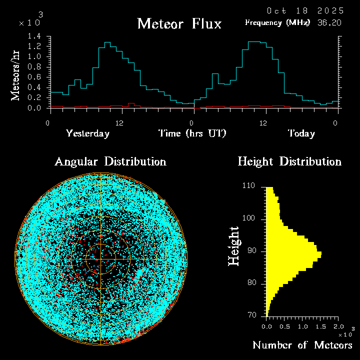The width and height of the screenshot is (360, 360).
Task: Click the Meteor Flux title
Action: (179, 23)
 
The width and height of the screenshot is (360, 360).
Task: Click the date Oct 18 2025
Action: (305, 10)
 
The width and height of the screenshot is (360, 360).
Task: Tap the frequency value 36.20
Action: (330, 22)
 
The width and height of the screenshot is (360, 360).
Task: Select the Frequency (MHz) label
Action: (277, 22)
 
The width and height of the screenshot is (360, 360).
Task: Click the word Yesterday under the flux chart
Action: (87, 133)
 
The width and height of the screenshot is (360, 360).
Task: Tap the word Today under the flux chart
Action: (301, 133)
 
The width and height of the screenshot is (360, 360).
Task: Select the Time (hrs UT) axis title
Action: (192, 133)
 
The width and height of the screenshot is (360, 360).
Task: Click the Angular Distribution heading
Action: (110, 161)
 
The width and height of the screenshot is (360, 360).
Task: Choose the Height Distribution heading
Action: (289, 161)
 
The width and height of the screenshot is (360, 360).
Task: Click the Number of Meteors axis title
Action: (302, 345)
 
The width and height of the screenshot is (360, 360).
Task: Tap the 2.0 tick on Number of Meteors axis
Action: (338, 326)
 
